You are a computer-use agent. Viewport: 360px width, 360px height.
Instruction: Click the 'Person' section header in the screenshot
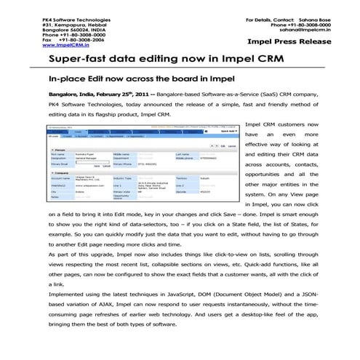pos(57,148)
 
